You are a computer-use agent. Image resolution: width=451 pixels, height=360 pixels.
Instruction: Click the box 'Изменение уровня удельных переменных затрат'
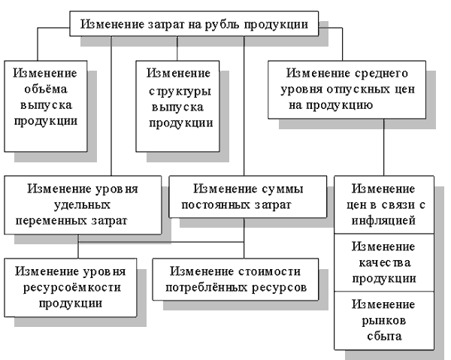pyautogui.click(x=83, y=202)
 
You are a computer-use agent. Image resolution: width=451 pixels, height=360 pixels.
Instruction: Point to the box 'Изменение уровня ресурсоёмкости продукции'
pyautogui.click(x=71, y=286)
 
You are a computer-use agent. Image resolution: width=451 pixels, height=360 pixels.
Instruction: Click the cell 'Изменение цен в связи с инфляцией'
pyautogui.click(x=383, y=204)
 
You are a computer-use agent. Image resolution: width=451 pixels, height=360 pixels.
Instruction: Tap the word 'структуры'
pyautogui.click(x=178, y=90)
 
